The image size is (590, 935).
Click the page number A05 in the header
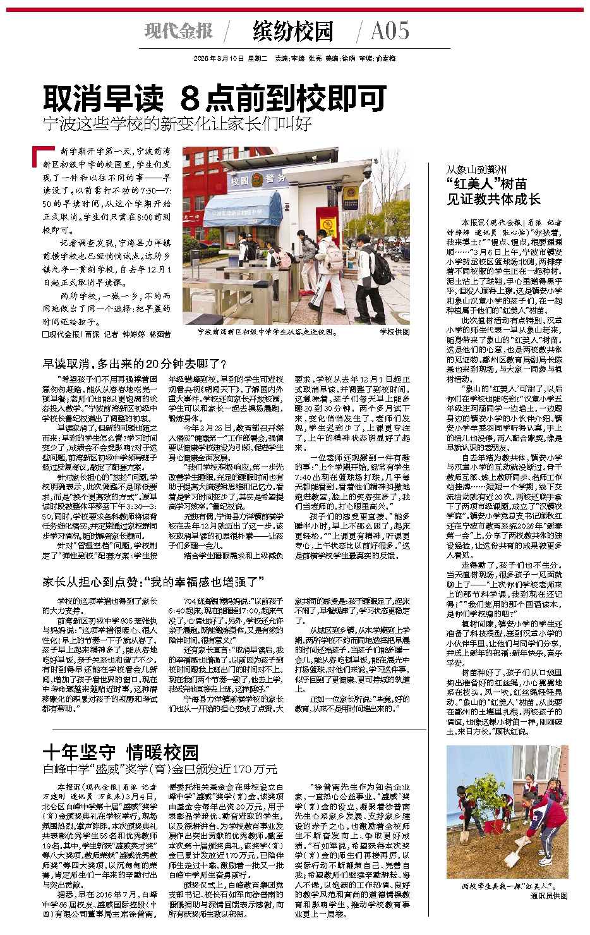tap(390, 31)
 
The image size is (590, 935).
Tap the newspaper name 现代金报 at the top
tap(179, 31)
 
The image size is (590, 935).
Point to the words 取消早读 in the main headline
tap(103, 99)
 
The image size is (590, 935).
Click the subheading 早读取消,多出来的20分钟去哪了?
tap(134, 364)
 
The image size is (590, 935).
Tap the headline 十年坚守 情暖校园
tap(120, 752)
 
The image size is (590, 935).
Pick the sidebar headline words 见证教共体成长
tap(494, 199)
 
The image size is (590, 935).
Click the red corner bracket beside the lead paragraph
tap(41, 154)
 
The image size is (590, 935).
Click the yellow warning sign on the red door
tap(328, 226)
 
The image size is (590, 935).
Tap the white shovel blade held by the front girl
tap(511, 859)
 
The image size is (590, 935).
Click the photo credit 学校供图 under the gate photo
tap(394, 332)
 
